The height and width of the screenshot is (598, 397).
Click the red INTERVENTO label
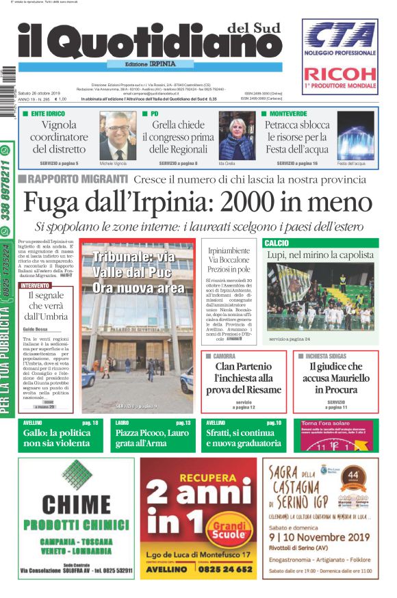[x=35, y=285]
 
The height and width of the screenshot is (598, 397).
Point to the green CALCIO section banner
[x=320, y=243]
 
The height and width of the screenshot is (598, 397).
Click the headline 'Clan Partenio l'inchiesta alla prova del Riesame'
[x=244, y=378]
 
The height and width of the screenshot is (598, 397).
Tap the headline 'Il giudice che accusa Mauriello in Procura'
[x=335, y=378]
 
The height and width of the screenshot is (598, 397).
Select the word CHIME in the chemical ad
[x=75, y=504]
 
